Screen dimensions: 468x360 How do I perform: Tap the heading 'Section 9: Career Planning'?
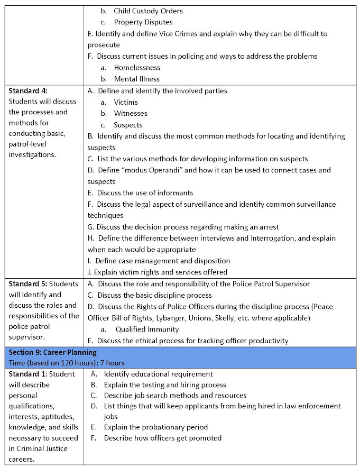(52, 352)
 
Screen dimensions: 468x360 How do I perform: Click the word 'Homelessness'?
(137, 67)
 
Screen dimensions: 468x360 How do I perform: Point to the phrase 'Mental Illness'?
(136, 79)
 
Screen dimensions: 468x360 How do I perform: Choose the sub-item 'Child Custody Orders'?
(148, 11)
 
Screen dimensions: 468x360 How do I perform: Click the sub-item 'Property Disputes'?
(143, 22)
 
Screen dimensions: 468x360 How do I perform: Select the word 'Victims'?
(126, 102)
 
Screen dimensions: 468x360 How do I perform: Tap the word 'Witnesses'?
(131, 113)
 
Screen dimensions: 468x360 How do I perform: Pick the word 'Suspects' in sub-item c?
(128, 125)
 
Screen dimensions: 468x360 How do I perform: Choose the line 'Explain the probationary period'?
(155, 426)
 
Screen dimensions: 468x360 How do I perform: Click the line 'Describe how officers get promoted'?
(162, 438)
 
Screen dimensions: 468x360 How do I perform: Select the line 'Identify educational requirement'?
(158, 374)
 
